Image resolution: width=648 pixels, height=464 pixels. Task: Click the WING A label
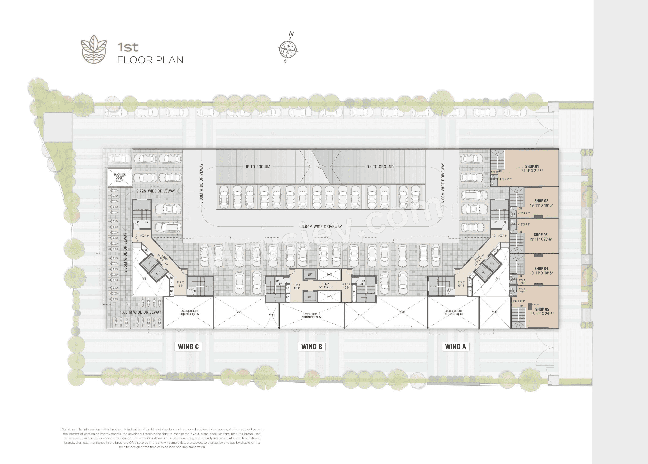tap(455, 347)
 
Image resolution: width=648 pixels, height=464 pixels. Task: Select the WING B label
tap(311, 347)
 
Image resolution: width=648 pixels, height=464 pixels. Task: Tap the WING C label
tap(188, 347)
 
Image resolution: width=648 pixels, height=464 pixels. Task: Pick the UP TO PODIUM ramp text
tap(257, 167)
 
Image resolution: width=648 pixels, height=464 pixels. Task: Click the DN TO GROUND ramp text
tap(380, 167)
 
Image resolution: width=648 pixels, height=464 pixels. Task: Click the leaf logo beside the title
tap(94, 49)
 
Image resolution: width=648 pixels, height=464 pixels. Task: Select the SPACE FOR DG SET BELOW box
tap(119, 177)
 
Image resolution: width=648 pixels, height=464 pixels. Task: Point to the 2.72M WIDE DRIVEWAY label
tap(155, 191)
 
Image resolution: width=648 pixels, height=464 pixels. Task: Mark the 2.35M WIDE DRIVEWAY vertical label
tap(125, 252)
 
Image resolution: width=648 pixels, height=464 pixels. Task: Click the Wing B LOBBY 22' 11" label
tap(326, 286)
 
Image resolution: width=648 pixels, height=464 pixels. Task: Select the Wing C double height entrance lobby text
tap(189, 312)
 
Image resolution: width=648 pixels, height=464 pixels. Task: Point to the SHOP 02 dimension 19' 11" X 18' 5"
tap(541, 205)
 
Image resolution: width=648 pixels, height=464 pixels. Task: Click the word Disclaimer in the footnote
tap(68, 429)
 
